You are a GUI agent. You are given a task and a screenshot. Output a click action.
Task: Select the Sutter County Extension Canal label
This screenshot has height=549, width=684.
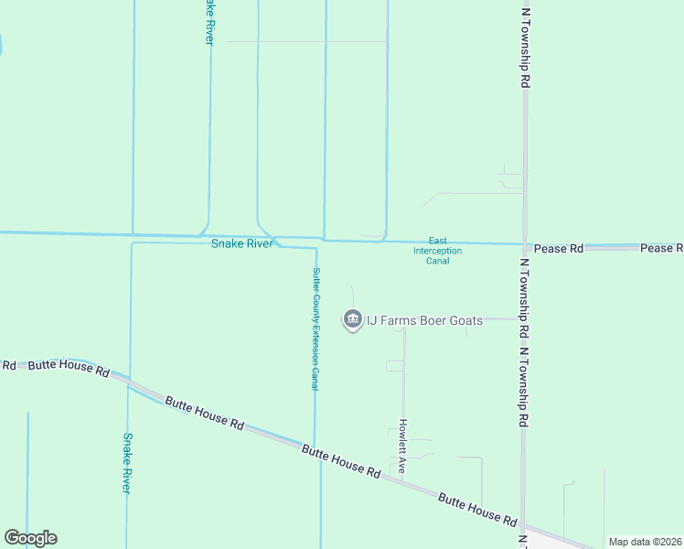tap(315, 329)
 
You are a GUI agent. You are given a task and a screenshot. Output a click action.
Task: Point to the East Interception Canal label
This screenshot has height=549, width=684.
tap(437, 250)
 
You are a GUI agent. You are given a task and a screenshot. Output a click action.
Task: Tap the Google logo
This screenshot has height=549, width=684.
tap(30, 538)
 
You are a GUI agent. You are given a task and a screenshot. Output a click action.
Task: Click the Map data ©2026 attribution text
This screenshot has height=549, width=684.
tap(644, 542)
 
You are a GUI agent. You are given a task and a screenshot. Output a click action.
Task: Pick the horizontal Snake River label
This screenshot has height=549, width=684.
tap(242, 244)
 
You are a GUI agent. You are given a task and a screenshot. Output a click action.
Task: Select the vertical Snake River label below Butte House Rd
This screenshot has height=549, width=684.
tap(128, 463)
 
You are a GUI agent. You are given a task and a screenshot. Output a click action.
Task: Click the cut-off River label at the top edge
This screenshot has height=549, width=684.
tap(209, 20)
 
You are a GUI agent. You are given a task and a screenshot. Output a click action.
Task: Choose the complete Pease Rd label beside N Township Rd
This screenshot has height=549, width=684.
tap(559, 248)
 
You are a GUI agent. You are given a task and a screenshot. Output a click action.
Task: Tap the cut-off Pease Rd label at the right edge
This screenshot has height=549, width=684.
tap(661, 248)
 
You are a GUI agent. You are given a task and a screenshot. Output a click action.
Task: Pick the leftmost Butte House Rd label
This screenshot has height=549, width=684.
tap(68, 369)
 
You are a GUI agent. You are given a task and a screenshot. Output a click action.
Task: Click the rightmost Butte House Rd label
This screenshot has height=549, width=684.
tap(476, 509)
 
